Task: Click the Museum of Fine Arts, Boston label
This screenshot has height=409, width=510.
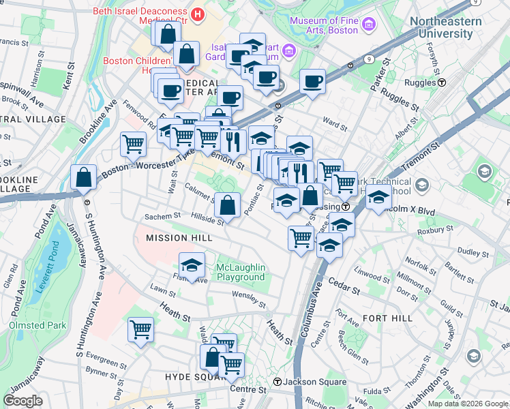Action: [323, 25]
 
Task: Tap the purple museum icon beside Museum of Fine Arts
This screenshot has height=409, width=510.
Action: [369, 25]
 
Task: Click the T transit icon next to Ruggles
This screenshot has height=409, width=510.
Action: [442, 82]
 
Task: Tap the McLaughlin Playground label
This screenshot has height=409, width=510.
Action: [241, 272]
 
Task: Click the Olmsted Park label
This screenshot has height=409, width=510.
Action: [37, 325]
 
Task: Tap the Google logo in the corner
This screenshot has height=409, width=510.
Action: [22, 401]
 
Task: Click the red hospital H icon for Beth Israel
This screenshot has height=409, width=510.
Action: [198, 14]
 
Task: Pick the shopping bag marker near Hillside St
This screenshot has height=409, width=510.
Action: [228, 204]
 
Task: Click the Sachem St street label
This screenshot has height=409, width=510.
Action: [162, 216]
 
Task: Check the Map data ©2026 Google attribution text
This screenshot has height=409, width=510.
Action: [468, 404]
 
